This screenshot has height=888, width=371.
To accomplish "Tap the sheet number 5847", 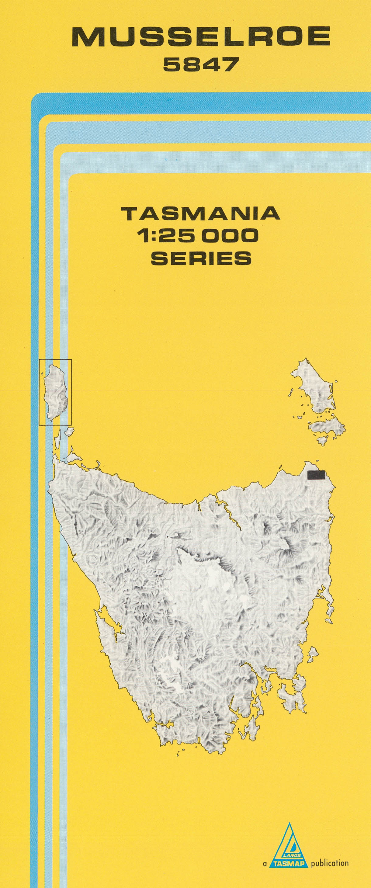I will click(201, 64).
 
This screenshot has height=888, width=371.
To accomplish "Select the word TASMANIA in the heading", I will click(201, 214).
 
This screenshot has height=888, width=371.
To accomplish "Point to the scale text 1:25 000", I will click(198, 236).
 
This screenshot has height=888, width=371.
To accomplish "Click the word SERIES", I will click(201, 258).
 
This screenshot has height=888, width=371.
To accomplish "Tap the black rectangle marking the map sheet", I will click(316, 475).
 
